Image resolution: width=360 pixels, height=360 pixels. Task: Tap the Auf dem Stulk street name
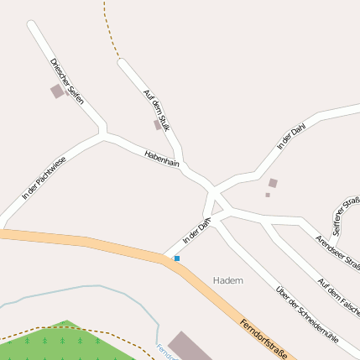(157, 110)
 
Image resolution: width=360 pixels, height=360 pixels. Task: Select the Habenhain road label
(162, 160)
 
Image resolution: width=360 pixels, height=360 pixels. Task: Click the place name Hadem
(227, 279)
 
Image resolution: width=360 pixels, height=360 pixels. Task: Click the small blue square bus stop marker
(176, 258)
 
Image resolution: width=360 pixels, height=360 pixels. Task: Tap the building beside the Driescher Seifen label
(57, 91)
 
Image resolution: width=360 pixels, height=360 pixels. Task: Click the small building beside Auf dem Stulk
(156, 125)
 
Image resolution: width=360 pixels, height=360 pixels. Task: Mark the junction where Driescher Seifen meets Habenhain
(103, 133)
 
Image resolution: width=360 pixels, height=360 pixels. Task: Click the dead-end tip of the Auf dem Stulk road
(123, 62)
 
